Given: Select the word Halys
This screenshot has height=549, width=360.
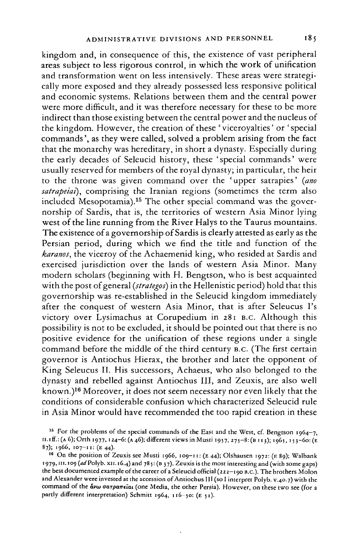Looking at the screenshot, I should click(208, 213).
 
